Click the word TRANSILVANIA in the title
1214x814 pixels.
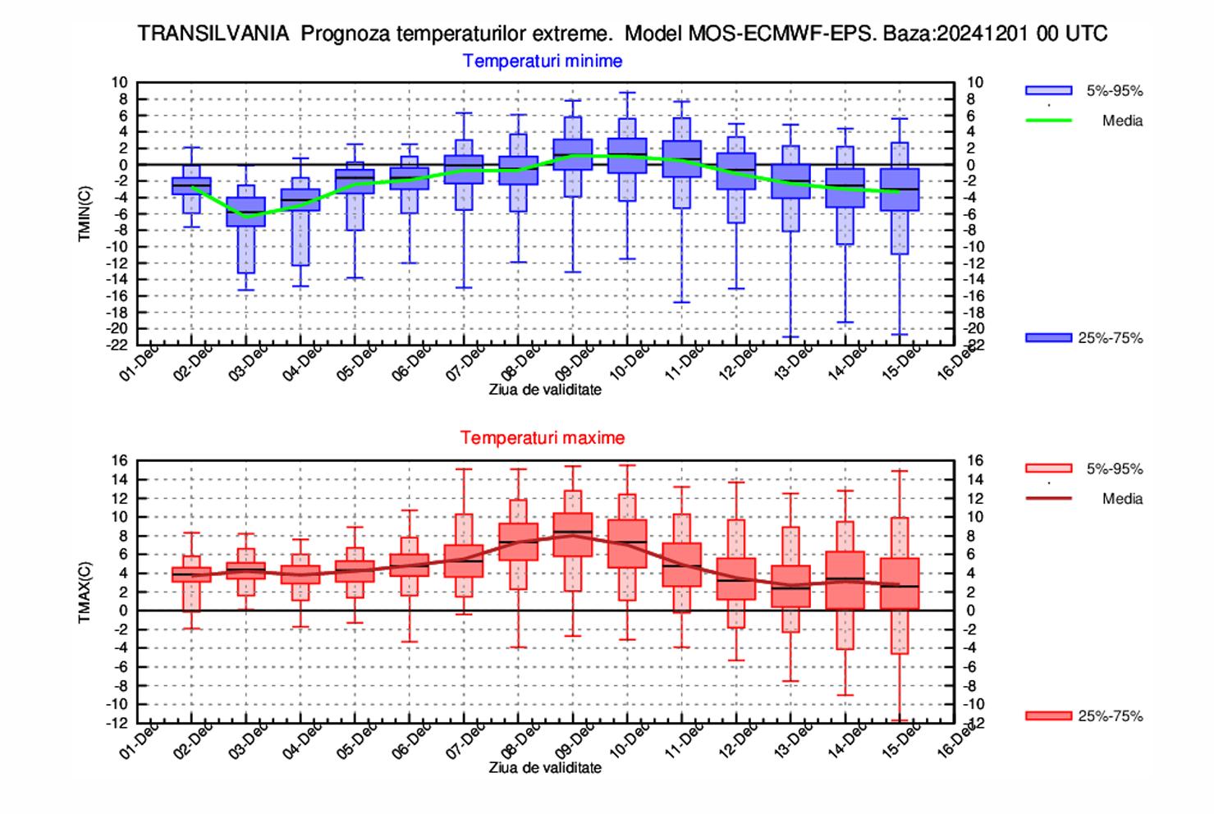pyautogui.click(x=213, y=34)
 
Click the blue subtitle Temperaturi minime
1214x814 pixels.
pyautogui.click(x=543, y=61)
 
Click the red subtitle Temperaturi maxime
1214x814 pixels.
pyautogui.click(x=543, y=437)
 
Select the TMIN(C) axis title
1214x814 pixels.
pyautogui.click(x=85, y=214)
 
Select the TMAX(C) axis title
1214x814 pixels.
pyautogui.click(x=85, y=592)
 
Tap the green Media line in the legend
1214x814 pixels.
pyautogui.click(x=1048, y=121)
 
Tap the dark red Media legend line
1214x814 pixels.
pyautogui.click(x=1048, y=498)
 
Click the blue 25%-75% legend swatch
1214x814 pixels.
pyautogui.click(x=1048, y=338)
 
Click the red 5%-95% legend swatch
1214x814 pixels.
pyautogui.click(x=1048, y=469)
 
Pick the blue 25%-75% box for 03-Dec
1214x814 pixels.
pyautogui.click(x=246, y=212)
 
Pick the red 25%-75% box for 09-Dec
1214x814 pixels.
pyautogui.click(x=573, y=535)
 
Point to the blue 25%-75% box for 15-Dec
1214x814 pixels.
pyautogui.click(x=900, y=190)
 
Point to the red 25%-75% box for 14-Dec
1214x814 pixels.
pyautogui.click(x=845, y=579)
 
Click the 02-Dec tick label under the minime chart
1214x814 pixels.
pyautogui.click(x=194, y=361)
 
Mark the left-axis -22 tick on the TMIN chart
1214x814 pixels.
pyautogui.click(x=119, y=345)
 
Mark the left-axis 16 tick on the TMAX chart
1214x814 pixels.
pyautogui.click(x=120, y=461)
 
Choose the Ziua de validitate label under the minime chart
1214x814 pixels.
pyautogui.click(x=545, y=390)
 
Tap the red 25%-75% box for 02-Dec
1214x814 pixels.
pyautogui.click(x=192, y=574)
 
